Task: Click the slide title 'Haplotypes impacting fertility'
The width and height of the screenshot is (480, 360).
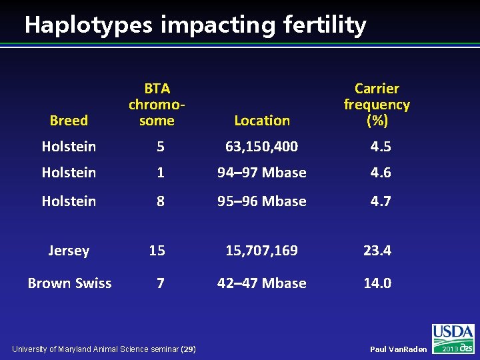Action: point(195,25)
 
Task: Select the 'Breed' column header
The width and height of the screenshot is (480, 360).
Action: point(69,121)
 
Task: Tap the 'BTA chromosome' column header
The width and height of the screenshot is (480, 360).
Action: point(157,105)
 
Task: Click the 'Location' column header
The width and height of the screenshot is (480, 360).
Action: point(262,121)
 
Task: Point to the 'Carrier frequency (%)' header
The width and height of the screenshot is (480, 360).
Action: point(377,105)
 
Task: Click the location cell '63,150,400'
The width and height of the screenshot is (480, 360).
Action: point(261,146)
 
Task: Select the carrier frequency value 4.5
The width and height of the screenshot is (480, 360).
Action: point(381,146)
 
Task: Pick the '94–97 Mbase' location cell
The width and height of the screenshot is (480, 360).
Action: point(261,172)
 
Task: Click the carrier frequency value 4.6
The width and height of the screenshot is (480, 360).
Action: point(381,172)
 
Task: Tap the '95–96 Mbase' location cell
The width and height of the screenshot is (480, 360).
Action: point(261,201)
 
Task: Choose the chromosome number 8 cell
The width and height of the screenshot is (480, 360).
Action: point(160,201)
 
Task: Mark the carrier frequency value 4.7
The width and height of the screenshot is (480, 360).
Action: point(381,201)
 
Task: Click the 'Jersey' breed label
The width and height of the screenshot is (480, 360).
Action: point(69,251)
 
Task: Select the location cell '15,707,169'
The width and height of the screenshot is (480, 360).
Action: point(261,251)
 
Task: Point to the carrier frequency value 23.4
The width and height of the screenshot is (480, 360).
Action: point(377,251)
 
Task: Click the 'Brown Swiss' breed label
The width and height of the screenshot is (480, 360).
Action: point(69,283)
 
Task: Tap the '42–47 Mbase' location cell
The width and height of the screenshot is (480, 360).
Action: point(261,283)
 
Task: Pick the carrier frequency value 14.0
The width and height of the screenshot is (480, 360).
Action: point(377,283)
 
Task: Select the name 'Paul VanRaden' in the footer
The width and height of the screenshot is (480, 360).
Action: point(398,349)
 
